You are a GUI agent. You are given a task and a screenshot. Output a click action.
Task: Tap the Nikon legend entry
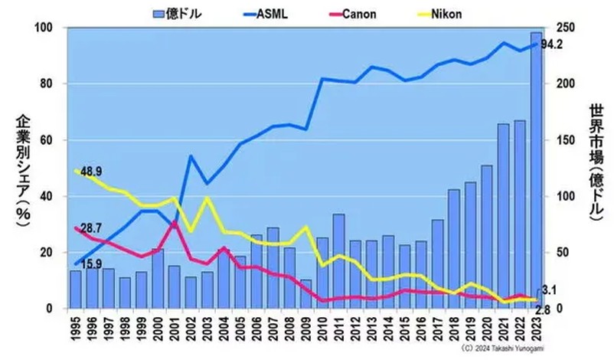click(x=448, y=13)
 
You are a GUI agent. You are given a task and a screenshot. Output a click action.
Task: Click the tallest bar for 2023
click(x=536, y=169)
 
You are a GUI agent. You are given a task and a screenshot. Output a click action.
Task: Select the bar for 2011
click(x=338, y=261)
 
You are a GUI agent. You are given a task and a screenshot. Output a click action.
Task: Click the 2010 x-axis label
click(x=322, y=329)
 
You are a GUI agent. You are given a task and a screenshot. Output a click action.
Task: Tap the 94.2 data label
click(x=551, y=44)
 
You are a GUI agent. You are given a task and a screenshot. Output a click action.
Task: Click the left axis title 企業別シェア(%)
click(x=21, y=168)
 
